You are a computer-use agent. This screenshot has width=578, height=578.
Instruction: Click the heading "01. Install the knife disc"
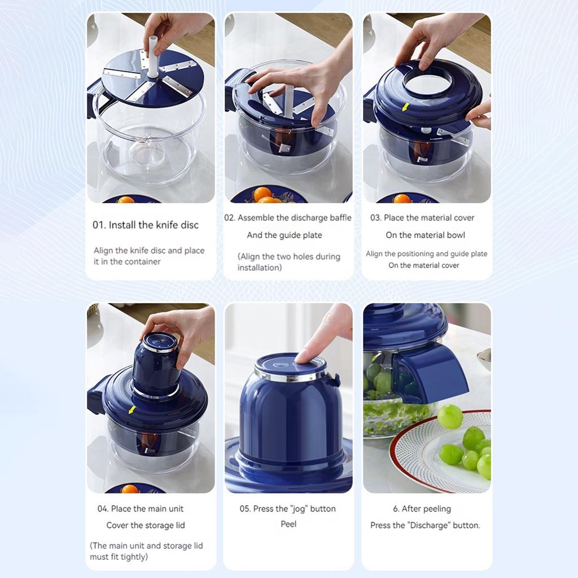click(146, 225)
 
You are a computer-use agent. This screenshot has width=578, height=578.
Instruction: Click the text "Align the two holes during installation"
click(288, 262)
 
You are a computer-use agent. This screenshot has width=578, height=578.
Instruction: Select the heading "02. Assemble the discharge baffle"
click(288, 218)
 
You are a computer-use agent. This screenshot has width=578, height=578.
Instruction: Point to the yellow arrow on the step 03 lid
click(404, 107)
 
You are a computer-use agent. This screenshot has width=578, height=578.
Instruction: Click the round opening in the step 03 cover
click(427, 83)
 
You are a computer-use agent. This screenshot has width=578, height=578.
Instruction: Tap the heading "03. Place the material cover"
click(422, 218)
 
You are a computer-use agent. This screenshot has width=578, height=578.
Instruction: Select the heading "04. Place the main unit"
click(140, 509)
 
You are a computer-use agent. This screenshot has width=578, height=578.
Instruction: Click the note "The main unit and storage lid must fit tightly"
click(146, 551)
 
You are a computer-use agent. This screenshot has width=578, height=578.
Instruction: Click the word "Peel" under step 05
click(288, 524)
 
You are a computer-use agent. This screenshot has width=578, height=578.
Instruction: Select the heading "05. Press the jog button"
click(287, 509)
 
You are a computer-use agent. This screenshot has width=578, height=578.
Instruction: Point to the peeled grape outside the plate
click(450, 417)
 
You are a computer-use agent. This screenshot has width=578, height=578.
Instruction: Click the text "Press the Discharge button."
click(425, 525)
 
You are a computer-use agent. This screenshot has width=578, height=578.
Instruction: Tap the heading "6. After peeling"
click(422, 509)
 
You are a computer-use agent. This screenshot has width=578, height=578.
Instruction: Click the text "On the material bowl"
click(425, 235)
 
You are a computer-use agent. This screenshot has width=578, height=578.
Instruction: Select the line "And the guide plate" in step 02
click(284, 235)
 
